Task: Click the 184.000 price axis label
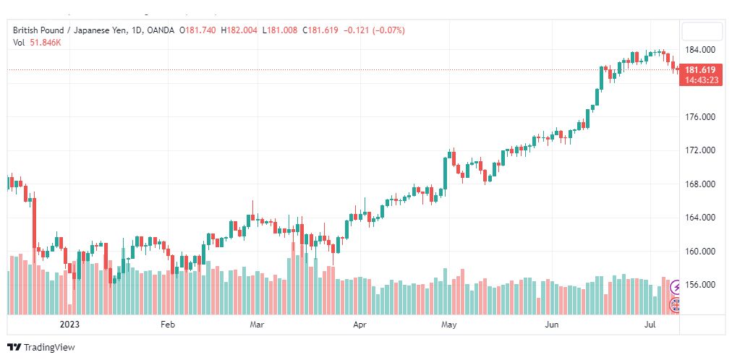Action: tap(700, 50)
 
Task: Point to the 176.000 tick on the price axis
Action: tap(700, 117)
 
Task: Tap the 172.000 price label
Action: tap(700, 150)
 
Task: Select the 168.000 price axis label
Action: tap(700, 184)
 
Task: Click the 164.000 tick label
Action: tap(700, 218)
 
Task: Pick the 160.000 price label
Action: tap(700, 252)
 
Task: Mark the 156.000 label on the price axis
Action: tap(700, 285)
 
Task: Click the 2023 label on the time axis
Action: tap(70, 325)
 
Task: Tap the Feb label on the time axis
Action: tap(168, 325)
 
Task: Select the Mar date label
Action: tap(258, 325)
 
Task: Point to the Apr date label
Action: tap(359, 325)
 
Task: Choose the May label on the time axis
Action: tap(448, 325)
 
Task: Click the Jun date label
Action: tap(553, 325)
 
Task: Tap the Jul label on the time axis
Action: tap(650, 325)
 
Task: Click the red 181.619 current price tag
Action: tap(700, 74)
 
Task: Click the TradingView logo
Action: tap(41, 348)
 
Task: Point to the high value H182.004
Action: tap(239, 30)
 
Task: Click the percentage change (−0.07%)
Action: tap(387, 30)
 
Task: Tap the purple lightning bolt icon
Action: tap(675, 287)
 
